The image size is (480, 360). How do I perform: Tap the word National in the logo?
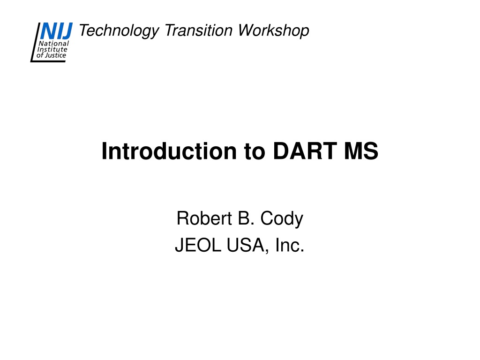click(54, 44)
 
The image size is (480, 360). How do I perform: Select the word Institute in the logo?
click(52, 49)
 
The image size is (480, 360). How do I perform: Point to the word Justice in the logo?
click(55, 55)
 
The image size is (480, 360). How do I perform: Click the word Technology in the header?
click(119, 31)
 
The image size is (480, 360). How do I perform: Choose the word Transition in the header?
click(198, 30)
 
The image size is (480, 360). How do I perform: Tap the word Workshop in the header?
click(273, 31)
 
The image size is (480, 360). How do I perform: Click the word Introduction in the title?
click(169, 151)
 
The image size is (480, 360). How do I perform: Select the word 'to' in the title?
click(255, 152)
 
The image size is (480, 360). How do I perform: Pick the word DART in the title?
click(305, 151)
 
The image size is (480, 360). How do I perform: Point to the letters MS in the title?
click(361, 151)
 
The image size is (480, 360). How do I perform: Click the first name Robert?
click(204, 218)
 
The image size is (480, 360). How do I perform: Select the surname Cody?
click(282, 219)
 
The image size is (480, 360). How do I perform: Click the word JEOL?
click(198, 245)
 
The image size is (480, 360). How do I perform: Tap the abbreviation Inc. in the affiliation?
click(290, 245)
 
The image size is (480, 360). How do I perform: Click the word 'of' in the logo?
click(40, 55)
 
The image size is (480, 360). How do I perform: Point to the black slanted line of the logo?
click(35, 42)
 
